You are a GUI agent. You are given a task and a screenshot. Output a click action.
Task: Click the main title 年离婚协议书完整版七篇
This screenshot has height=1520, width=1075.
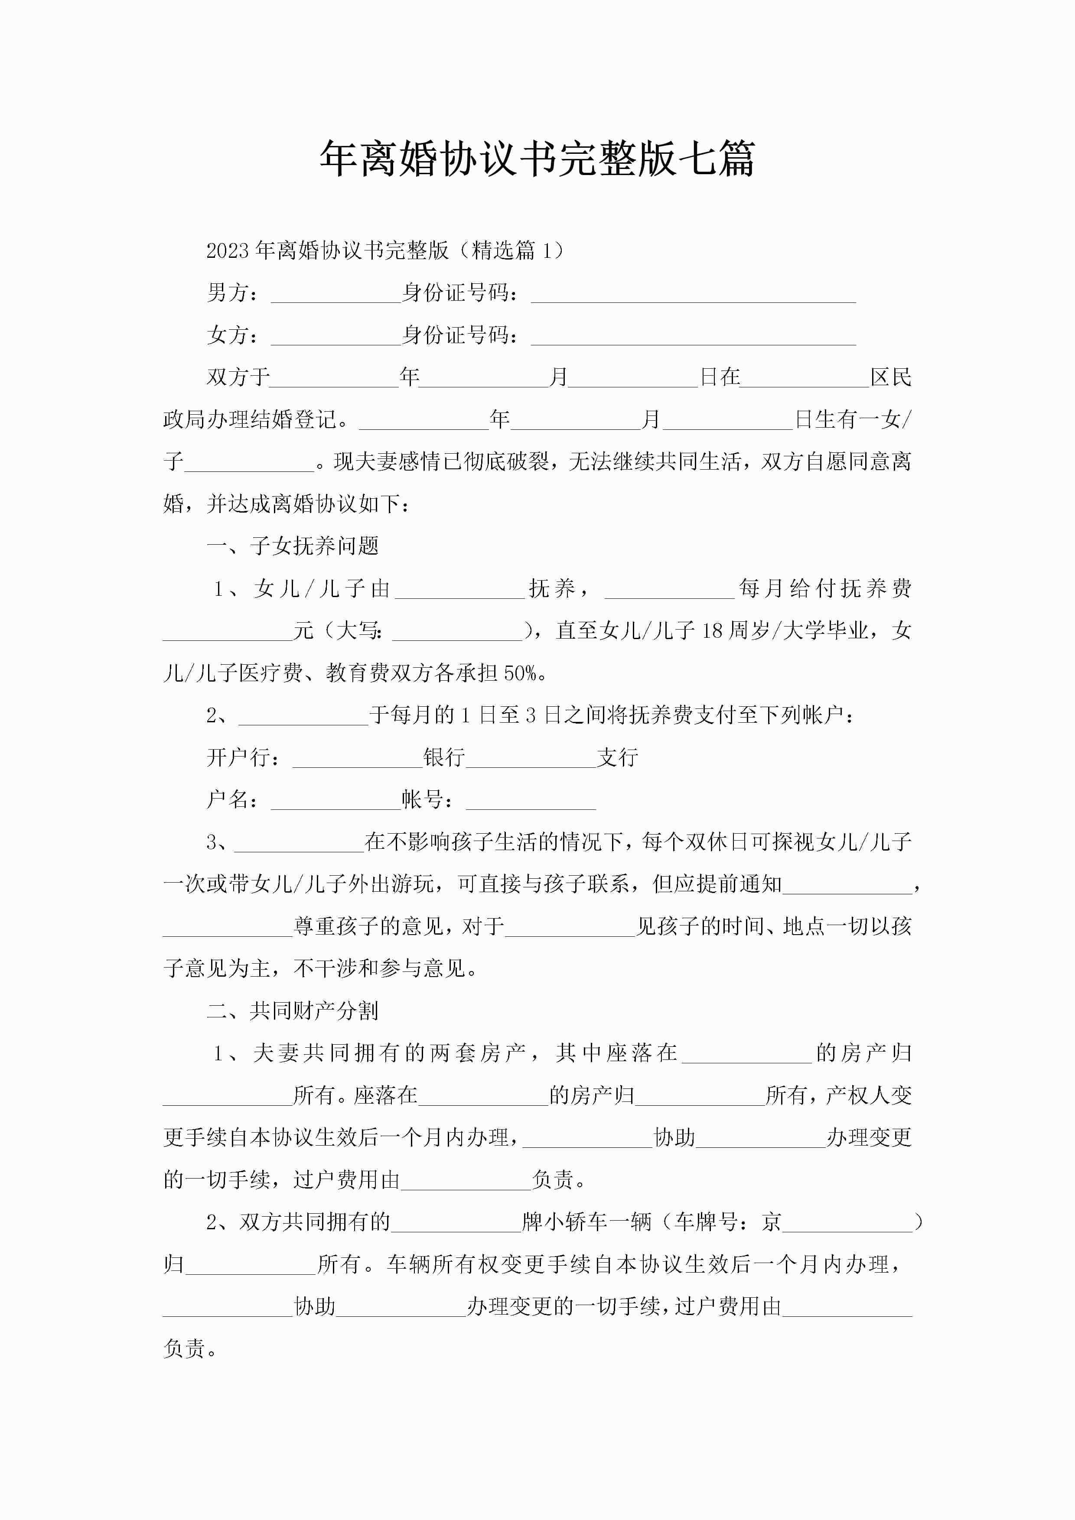(537, 159)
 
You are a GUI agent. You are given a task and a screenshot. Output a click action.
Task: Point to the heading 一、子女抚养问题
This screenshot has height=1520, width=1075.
(293, 546)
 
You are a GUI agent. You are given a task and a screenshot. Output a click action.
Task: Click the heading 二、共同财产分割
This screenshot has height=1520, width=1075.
(293, 1011)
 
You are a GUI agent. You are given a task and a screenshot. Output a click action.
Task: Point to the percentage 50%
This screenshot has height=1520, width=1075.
(520, 673)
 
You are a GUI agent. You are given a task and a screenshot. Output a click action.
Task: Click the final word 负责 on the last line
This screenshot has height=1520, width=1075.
(184, 1348)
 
